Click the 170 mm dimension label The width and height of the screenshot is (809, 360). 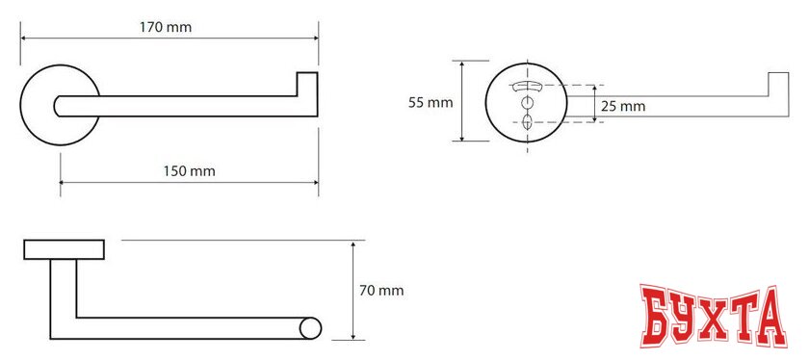click(x=166, y=27)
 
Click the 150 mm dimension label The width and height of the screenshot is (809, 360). click(x=190, y=171)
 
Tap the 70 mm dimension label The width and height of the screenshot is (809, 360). click(x=381, y=291)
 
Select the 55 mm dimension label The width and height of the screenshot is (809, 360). click(x=431, y=103)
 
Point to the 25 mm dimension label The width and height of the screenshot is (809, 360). click(x=623, y=107)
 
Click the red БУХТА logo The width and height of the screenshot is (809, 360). click(x=714, y=316)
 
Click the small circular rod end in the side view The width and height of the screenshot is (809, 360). click(x=310, y=328)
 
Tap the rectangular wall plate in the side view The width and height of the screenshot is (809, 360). click(x=64, y=249)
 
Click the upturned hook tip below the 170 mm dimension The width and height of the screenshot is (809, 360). click(x=307, y=84)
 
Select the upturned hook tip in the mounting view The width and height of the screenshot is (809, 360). click(x=778, y=84)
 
